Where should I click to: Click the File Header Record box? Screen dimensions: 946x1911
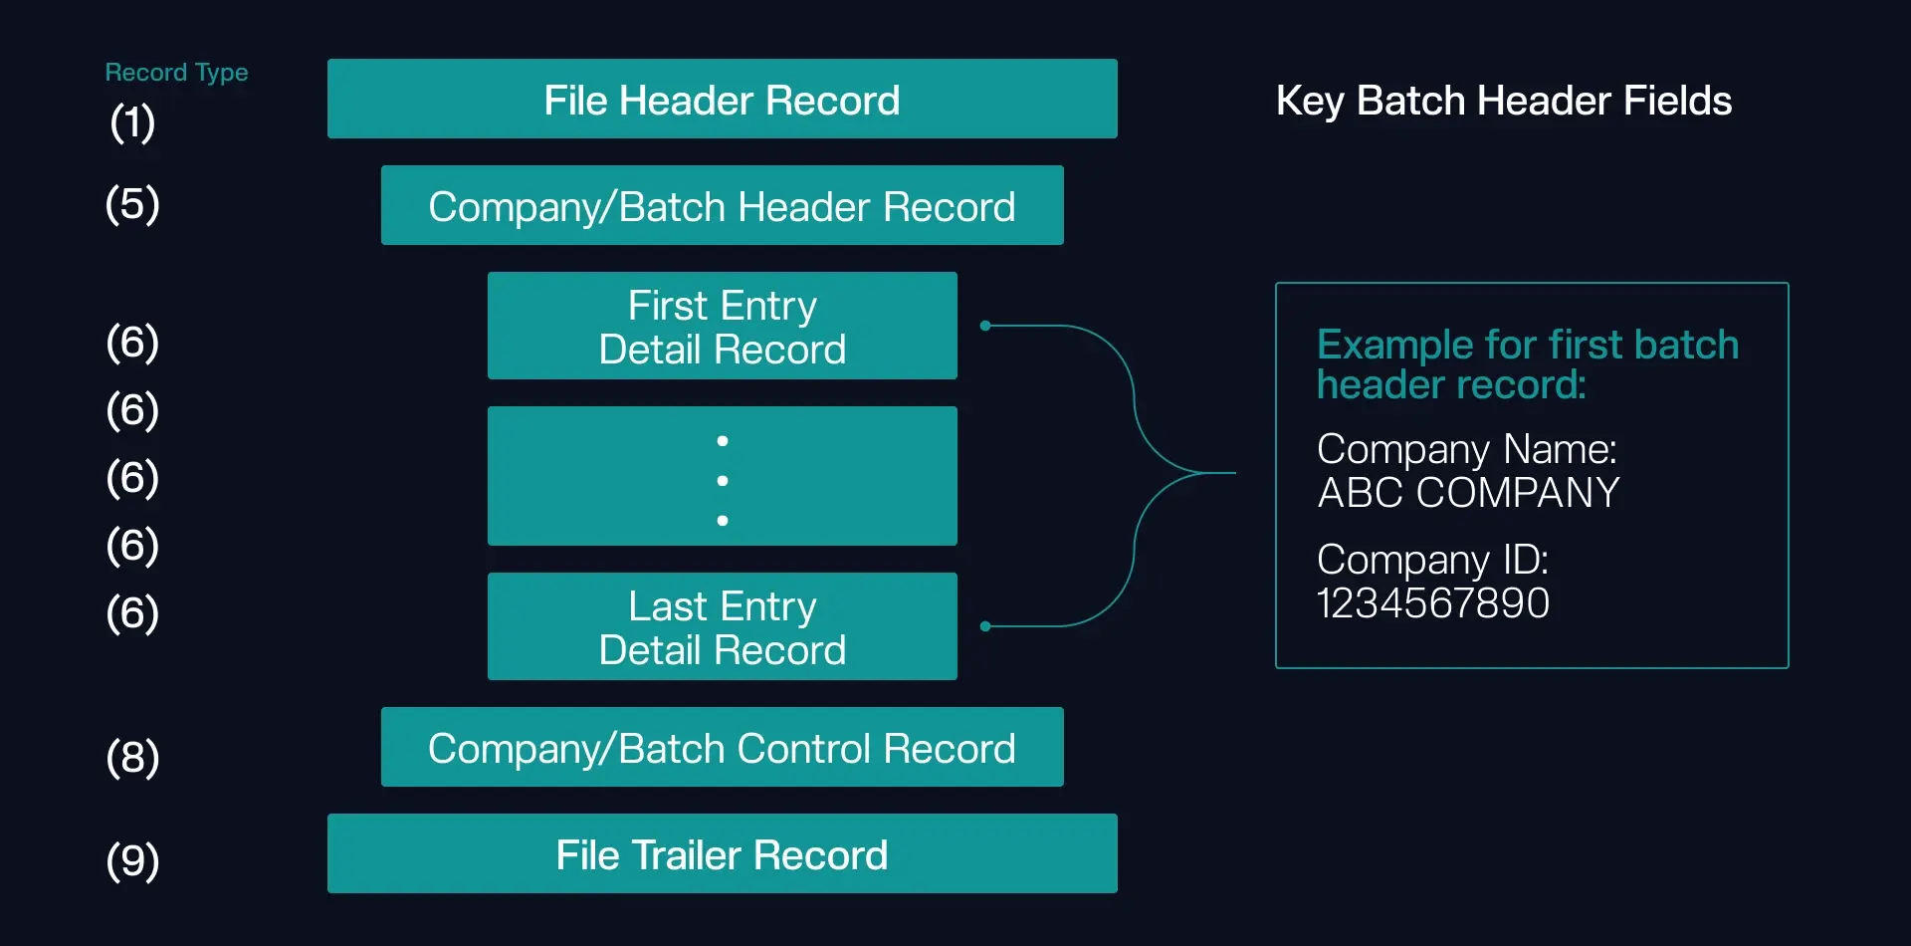(722, 99)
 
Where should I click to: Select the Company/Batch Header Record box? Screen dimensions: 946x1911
(722, 205)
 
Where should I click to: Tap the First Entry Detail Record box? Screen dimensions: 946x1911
(722, 326)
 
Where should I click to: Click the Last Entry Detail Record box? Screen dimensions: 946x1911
(722, 626)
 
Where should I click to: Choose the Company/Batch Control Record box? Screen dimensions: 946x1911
(722, 747)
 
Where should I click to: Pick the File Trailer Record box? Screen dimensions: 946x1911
(722, 853)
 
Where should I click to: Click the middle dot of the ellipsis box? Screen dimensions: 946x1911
(723, 480)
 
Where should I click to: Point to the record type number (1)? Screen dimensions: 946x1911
(132, 122)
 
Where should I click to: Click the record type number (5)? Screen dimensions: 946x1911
(132, 204)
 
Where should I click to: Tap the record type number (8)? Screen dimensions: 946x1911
(132, 757)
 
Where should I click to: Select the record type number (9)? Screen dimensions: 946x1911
(132, 860)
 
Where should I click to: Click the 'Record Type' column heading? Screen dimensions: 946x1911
(176, 73)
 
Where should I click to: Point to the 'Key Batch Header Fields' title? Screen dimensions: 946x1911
(1503, 101)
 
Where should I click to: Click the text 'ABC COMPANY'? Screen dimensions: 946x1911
(1468, 493)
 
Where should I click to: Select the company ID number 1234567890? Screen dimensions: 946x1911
(1432, 603)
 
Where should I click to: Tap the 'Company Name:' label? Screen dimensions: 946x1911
(1466, 449)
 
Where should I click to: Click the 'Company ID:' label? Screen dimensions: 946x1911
(1432, 560)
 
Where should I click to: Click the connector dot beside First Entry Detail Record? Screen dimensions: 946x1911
(985, 326)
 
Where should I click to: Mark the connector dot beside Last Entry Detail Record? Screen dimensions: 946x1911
(985, 626)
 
